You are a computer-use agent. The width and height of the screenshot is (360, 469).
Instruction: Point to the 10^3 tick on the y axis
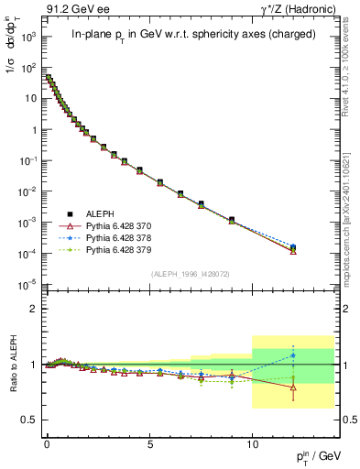point(28,38)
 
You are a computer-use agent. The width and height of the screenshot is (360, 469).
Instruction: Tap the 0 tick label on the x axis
point(47,442)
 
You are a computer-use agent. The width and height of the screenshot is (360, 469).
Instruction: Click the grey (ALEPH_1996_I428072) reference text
point(189,274)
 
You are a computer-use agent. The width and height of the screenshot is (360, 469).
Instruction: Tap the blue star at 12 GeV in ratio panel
point(293,354)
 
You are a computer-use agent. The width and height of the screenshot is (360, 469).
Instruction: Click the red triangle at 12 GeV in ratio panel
point(293,387)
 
